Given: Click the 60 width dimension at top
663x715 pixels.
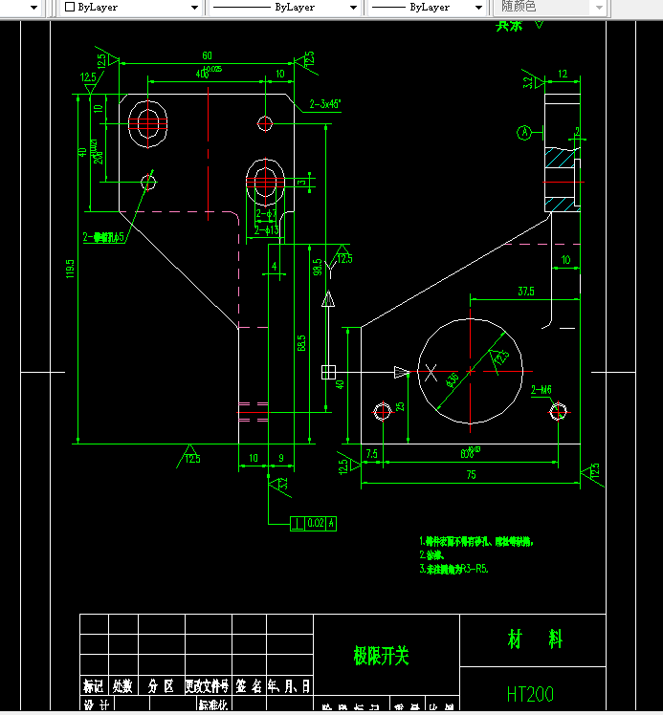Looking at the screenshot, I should pos(207,55).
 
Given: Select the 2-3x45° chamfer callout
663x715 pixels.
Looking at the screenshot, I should pos(325,105).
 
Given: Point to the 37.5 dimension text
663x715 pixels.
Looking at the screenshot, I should pos(525,291).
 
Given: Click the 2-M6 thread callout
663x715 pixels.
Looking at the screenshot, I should pos(541,389).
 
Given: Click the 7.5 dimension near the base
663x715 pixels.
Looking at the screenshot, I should pos(371,454).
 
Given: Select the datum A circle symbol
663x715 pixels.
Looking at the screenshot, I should pos(523,133).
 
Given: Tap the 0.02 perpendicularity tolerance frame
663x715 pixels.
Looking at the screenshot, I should pos(315,523).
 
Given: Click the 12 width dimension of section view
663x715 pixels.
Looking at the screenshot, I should pos(562,74).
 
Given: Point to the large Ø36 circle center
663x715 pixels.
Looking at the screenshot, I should pos(468,370).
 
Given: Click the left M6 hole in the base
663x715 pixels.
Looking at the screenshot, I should pos(383,411).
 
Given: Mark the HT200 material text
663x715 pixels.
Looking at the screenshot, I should pos(530,693).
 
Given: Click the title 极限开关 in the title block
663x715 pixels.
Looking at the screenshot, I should pos(381,656).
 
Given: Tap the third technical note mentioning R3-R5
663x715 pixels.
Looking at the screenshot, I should pos(454,569).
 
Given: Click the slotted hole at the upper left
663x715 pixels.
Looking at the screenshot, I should pos(148,122).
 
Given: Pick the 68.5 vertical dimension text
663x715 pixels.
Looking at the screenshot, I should pos(302,341).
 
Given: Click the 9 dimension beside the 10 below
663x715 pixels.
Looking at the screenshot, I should pos(279,458).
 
